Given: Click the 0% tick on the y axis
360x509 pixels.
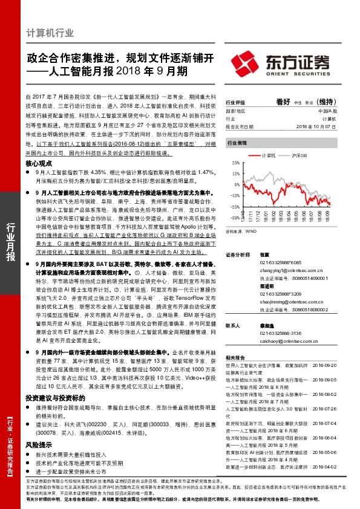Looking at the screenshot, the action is (x=234, y=180).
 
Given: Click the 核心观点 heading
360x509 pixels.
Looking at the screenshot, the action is (x=41, y=164).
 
